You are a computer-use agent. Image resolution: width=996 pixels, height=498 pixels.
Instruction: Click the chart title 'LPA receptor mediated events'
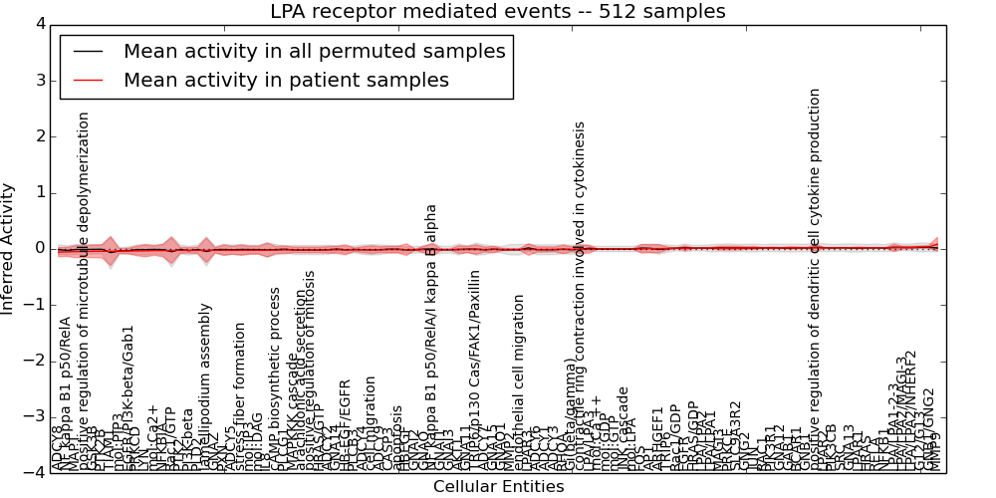tap(497, 12)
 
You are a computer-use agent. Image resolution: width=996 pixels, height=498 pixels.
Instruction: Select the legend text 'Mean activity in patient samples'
tap(286, 80)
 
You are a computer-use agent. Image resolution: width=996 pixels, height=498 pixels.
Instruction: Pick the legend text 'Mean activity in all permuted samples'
tap(314, 51)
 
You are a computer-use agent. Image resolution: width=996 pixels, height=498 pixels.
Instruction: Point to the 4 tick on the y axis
tap(40, 24)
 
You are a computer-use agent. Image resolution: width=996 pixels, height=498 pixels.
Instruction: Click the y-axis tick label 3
tap(40, 80)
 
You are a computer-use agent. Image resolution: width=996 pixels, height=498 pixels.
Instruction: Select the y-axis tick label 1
tap(40, 192)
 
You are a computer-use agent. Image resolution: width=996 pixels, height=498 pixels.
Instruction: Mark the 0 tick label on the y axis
tap(40, 248)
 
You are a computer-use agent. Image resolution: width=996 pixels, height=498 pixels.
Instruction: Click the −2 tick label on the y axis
tap(35, 361)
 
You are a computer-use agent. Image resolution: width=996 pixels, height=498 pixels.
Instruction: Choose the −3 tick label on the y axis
tap(35, 416)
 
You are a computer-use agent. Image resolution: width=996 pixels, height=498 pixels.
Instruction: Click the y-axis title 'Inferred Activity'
tap(9, 248)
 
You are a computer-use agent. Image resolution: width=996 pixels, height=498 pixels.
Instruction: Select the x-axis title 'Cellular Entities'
tap(498, 487)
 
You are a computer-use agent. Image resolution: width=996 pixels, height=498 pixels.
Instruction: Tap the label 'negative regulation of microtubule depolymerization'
tap(84, 289)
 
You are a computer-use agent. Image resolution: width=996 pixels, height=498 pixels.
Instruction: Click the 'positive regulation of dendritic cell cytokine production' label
tap(815, 279)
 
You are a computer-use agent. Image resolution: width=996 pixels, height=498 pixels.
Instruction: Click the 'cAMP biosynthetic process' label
tap(276, 378)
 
